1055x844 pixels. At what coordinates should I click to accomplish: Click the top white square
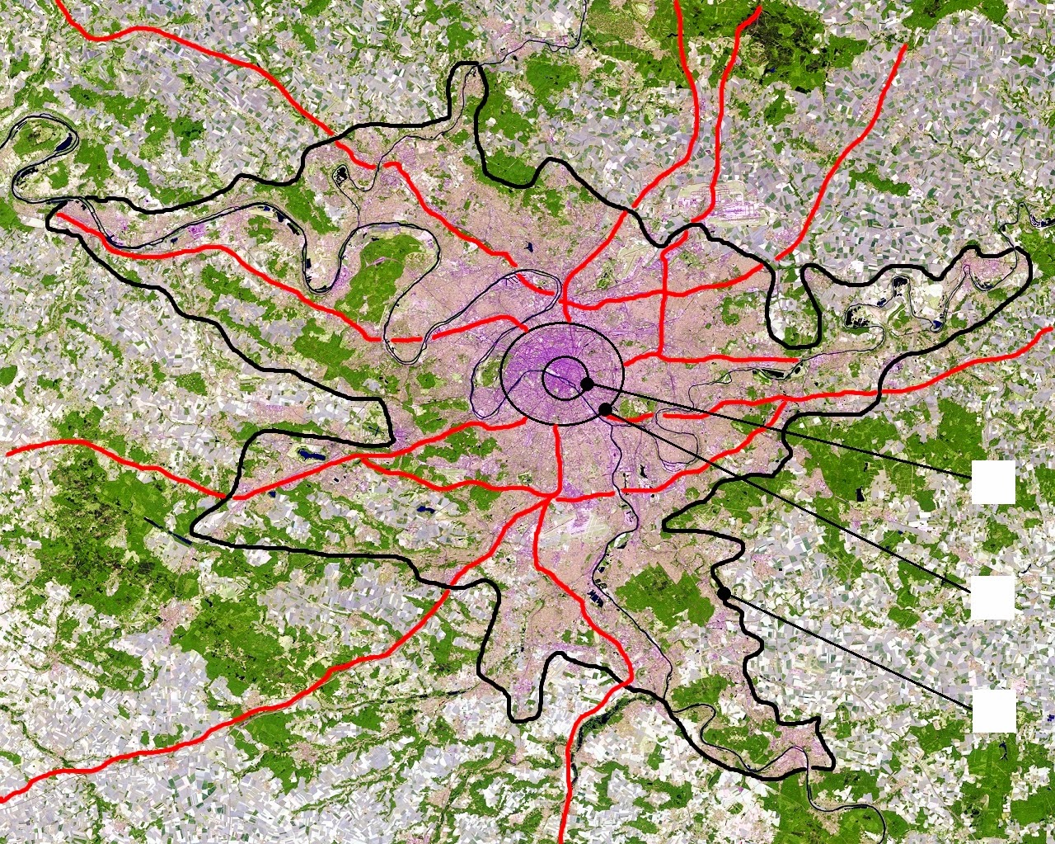click(x=992, y=482)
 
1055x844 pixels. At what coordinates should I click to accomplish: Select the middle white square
click(x=992, y=597)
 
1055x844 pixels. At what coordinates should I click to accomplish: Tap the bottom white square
click(x=992, y=710)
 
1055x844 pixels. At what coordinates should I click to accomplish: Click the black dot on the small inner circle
click(x=587, y=384)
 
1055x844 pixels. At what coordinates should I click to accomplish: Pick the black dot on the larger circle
click(x=605, y=409)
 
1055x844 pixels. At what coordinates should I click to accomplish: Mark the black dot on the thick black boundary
click(x=724, y=593)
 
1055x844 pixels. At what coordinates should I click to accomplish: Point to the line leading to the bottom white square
click(x=849, y=652)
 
